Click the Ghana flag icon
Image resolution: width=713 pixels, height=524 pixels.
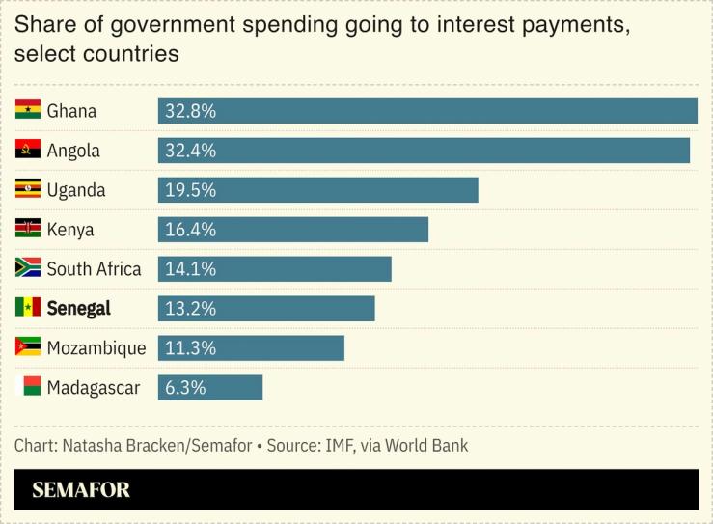pyautogui.click(x=28, y=110)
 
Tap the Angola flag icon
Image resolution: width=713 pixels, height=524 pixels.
pyautogui.click(x=28, y=150)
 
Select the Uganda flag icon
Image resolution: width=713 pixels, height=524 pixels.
pyautogui.click(x=28, y=189)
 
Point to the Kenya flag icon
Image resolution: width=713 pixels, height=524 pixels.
pyautogui.click(x=28, y=229)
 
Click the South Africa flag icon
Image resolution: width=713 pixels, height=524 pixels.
pyautogui.click(x=28, y=268)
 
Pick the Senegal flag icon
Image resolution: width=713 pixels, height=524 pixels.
pyautogui.click(x=28, y=308)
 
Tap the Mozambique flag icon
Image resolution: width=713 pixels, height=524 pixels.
pyautogui.click(x=28, y=347)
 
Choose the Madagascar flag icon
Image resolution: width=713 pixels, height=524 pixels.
pyautogui.click(x=32, y=387)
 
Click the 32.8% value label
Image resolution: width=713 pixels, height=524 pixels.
pyautogui.click(x=190, y=111)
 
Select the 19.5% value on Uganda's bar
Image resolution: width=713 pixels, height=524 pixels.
pyautogui.click(x=190, y=190)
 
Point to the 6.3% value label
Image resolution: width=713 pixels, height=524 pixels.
pyautogui.click(x=185, y=388)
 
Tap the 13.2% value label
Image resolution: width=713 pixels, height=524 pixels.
pyautogui.click(x=190, y=309)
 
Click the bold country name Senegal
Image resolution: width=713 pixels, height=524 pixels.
pyautogui.click(x=78, y=309)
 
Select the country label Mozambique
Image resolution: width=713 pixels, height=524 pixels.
pyautogui.click(x=96, y=348)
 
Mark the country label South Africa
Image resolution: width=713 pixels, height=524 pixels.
pyautogui.click(x=94, y=269)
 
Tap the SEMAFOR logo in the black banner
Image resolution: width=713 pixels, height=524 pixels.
pyautogui.click(x=81, y=490)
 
